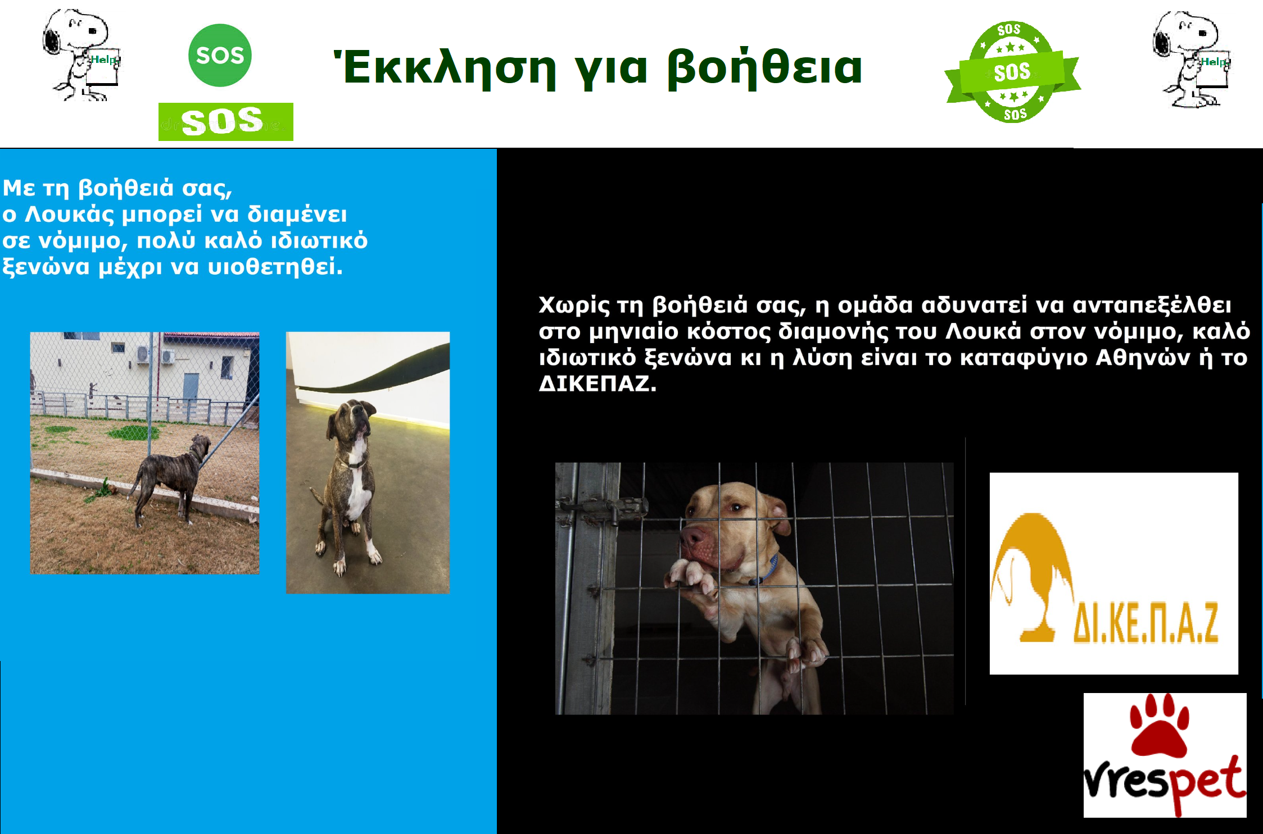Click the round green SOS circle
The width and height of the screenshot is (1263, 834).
[x=220, y=55]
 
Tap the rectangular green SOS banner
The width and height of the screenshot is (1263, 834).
[x=225, y=122]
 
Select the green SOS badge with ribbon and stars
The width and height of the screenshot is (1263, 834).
[x=1013, y=72]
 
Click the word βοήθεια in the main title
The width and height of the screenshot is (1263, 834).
[x=764, y=68]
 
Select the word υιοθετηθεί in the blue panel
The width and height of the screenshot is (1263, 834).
[x=275, y=266]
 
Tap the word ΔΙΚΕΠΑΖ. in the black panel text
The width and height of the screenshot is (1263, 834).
[x=597, y=384]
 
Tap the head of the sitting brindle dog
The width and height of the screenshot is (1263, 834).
[x=351, y=420]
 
